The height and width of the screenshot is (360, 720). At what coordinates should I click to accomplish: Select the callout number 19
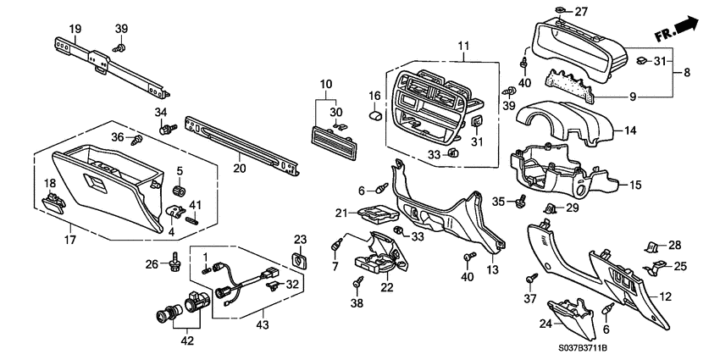click(x=75, y=29)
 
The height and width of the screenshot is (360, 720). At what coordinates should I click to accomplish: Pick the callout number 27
click(x=580, y=12)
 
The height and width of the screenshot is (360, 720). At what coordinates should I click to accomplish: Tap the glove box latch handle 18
click(x=53, y=201)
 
